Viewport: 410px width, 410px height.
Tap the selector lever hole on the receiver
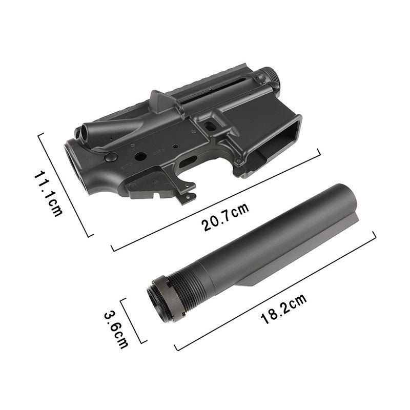coord(139,154)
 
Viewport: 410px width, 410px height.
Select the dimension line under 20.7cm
coord(215,200)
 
